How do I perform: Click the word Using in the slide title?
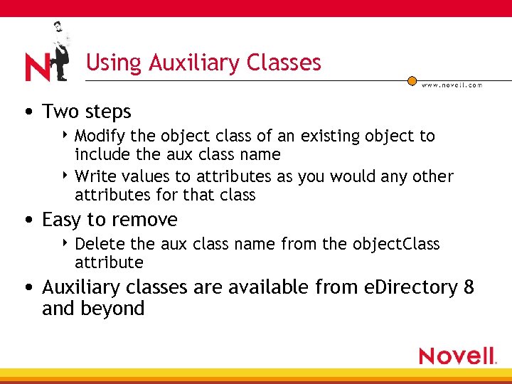tap(114, 63)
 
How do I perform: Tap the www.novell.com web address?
tap(452, 85)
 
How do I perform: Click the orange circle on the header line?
tap(412, 81)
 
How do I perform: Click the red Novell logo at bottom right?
tap(457, 356)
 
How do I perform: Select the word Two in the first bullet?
tap(60, 112)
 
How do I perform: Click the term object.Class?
tap(395, 244)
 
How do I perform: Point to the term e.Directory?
tap(408, 287)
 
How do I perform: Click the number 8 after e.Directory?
tap(468, 287)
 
